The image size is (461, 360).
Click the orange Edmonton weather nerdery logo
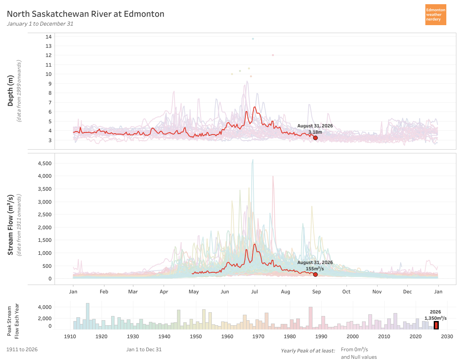(435, 15)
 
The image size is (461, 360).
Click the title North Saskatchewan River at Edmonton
(86, 14)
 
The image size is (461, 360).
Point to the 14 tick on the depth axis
(49, 37)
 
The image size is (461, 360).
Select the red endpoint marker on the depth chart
(315, 138)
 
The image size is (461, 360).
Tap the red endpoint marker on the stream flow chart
(315, 274)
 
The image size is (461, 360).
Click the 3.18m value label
(315, 132)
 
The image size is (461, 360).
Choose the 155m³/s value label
(315, 269)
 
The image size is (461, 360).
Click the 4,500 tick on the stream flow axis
(45, 163)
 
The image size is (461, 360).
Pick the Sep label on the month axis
(316, 292)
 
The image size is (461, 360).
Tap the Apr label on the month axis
(164, 292)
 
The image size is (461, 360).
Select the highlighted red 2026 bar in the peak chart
(436, 325)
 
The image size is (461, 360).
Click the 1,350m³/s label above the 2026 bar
(435, 318)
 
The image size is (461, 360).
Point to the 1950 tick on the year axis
(195, 336)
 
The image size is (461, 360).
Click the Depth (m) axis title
(10, 91)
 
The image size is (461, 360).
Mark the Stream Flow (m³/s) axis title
(10, 225)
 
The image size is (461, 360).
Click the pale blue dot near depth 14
(253, 39)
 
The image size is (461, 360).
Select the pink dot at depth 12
(273, 55)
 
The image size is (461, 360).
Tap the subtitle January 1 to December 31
(40, 24)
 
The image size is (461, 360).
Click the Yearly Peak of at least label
(308, 351)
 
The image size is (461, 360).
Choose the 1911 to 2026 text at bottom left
(22, 350)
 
